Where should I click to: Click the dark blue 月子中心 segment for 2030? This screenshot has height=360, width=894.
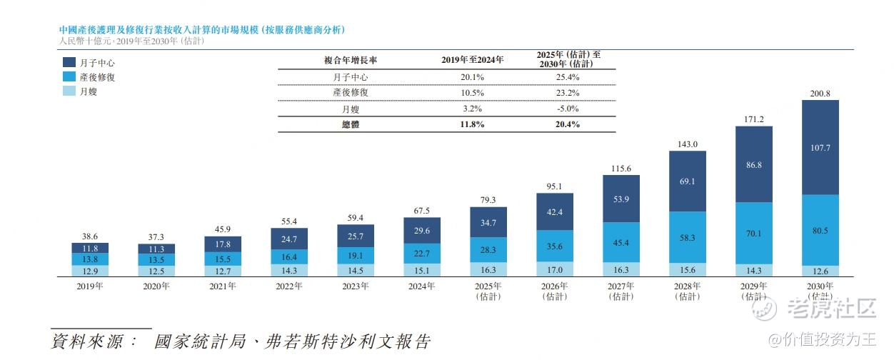[820, 147]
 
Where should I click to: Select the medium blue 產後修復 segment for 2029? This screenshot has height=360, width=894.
[754, 232]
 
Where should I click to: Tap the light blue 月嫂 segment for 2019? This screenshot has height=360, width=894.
[90, 271]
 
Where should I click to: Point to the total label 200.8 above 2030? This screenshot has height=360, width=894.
[820, 93]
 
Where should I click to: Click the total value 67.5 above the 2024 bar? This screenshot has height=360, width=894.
[422, 211]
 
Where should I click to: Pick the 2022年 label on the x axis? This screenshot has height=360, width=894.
[289, 286]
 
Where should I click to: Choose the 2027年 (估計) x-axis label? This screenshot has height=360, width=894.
[621, 291]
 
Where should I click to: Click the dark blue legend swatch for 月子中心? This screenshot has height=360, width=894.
[70, 63]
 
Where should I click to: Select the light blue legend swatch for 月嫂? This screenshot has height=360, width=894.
[70, 91]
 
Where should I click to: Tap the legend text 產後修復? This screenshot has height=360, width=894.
[97, 77]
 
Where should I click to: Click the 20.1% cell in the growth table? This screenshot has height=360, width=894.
[472, 76]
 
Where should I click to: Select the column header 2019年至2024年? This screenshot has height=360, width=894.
[472, 60]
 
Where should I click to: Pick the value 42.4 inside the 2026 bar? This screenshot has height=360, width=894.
[555, 211]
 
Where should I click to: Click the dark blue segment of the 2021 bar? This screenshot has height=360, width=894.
[223, 244]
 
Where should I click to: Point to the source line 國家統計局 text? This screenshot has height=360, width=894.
[200, 341]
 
